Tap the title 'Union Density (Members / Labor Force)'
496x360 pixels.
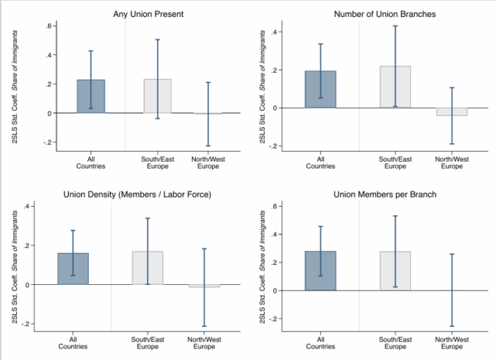click(x=138, y=195)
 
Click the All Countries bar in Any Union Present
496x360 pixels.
click(x=90, y=97)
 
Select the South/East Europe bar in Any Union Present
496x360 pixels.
click(x=157, y=96)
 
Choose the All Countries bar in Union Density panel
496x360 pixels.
click(x=73, y=269)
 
